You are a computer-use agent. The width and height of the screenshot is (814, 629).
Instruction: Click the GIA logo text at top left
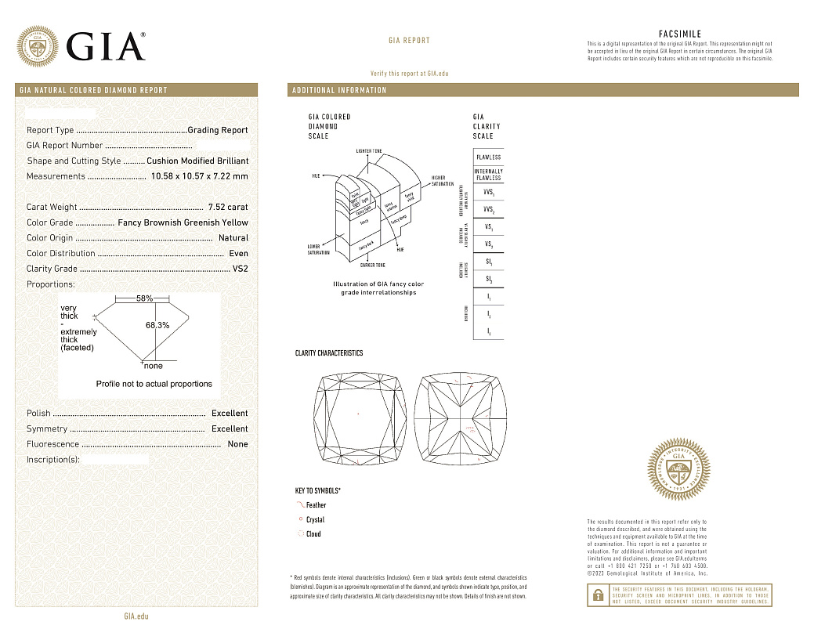pos(106,47)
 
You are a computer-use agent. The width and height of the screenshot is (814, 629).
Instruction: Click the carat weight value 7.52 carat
pos(227,208)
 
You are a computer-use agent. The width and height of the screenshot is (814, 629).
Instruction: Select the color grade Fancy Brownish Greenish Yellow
pos(183,222)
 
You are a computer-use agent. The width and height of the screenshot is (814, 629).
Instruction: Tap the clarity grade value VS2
pos(240,269)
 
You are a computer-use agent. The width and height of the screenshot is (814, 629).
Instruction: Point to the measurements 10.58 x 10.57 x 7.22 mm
pos(200,176)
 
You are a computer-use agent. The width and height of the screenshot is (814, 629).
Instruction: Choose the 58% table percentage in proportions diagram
pos(144,298)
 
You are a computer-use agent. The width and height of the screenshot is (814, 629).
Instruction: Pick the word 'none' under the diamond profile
pos(153,366)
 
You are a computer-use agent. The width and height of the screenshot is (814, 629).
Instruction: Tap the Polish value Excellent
pos(230,414)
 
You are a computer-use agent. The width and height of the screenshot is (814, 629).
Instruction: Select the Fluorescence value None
pos(237,444)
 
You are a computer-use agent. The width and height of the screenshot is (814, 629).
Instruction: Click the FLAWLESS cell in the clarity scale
pos(488,157)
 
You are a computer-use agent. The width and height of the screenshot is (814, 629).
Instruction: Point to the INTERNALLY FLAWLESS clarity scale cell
pos(488,175)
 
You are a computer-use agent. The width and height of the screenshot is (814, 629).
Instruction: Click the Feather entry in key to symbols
pos(316,505)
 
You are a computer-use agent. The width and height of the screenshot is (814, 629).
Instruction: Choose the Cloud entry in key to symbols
pos(313,534)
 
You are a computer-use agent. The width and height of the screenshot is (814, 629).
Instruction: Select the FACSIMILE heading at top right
pos(680,34)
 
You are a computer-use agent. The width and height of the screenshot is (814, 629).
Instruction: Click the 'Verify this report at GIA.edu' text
pos(409,73)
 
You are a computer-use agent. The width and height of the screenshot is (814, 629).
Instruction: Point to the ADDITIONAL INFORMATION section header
pos(339,90)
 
